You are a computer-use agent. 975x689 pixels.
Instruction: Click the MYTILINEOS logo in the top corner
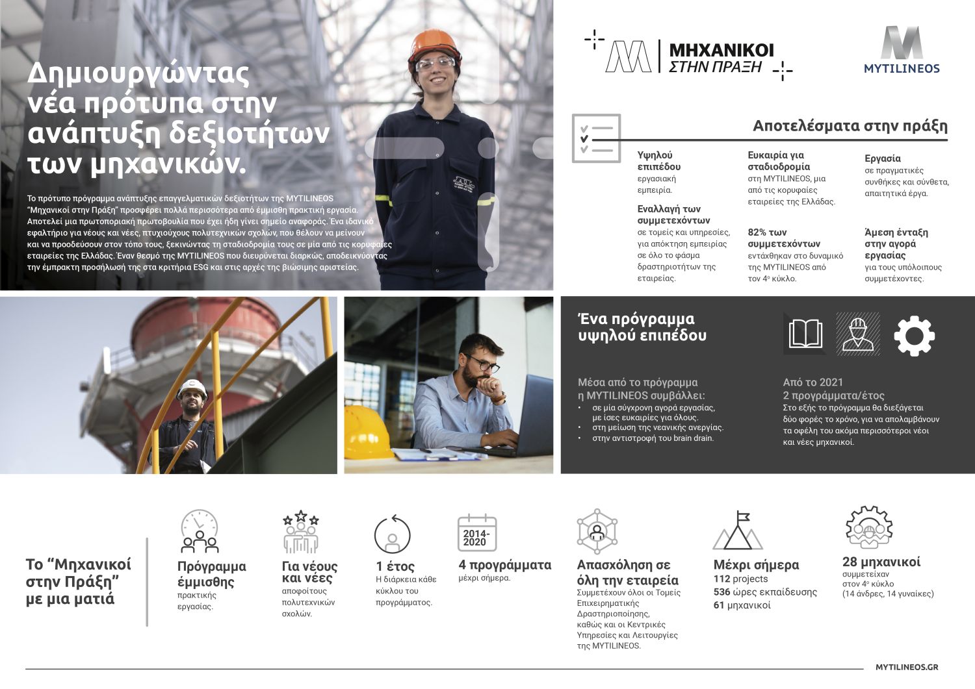point(902,51)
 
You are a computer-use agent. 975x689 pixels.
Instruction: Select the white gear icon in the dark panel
point(914,336)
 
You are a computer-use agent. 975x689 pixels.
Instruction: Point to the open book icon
point(805,334)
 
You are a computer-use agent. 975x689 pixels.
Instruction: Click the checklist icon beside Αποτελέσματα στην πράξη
point(595,138)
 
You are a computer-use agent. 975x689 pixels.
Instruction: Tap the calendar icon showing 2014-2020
point(476,534)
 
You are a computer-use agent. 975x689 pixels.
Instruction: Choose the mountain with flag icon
point(738,531)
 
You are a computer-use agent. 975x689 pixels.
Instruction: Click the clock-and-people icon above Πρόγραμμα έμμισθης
point(200,531)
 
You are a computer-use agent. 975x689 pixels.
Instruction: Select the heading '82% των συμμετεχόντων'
point(784,238)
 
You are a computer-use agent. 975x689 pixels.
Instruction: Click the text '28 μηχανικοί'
point(881,562)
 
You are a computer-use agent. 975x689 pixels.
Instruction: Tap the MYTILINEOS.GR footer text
point(907,667)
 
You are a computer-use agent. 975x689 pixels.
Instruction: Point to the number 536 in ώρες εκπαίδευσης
point(721,592)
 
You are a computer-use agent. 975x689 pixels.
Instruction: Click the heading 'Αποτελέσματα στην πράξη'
point(850,125)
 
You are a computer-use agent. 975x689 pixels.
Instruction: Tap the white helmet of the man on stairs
point(192,389)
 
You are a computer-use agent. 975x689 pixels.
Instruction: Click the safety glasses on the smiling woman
point(435,64)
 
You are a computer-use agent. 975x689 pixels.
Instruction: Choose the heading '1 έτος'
point(395,566)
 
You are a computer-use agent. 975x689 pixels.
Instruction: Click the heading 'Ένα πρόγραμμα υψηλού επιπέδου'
point(642,327)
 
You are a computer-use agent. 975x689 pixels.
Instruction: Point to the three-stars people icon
point(300,532)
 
